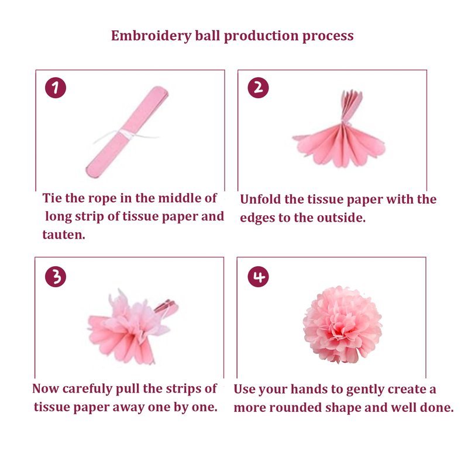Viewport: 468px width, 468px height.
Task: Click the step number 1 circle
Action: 56,88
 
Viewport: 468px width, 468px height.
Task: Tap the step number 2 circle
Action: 258,88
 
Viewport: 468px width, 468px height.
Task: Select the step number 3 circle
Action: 56,277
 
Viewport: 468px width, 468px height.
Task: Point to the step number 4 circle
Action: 258,277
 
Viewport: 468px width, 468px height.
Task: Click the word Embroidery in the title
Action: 152,36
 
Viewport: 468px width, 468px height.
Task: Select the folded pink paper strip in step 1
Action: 127,133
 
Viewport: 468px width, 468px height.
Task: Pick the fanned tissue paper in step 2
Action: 339,128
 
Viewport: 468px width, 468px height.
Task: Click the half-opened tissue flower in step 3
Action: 131,327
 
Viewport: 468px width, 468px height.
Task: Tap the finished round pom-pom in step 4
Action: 342,325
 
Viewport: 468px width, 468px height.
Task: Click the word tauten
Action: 64,235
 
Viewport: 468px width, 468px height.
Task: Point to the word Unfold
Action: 260,199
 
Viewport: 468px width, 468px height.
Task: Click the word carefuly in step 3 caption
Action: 87,389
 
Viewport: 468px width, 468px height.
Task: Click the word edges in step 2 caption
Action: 257,218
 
